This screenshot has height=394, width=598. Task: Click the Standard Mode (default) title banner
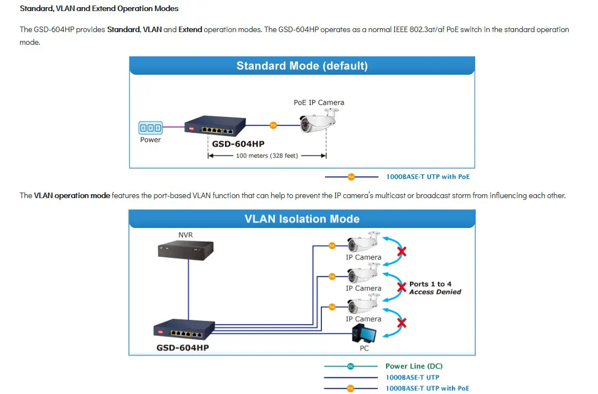[302, 66]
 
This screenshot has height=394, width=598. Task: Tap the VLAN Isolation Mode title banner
[302, 219]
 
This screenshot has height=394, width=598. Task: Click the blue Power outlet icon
[150, 128]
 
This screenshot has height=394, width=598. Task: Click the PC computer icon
[364, 334]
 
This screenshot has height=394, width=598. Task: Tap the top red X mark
[402, 252]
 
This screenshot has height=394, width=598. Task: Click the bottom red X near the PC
[402, 323]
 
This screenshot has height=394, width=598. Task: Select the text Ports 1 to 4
[430, 284]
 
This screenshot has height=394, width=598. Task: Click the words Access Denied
[435, 292]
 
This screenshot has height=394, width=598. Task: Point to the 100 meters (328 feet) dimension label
[267, 155]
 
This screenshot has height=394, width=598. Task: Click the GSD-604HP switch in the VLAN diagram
[182, 331]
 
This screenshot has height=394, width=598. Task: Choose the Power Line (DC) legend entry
[414, 366]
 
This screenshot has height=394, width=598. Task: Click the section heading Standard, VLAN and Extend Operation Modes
[99, 9]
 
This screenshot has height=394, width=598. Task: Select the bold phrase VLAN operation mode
[72, 195]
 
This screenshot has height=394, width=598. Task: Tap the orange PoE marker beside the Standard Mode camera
[273, 126]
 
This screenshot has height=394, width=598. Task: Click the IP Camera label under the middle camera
[363, 288]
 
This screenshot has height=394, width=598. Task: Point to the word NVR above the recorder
[185, 235]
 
